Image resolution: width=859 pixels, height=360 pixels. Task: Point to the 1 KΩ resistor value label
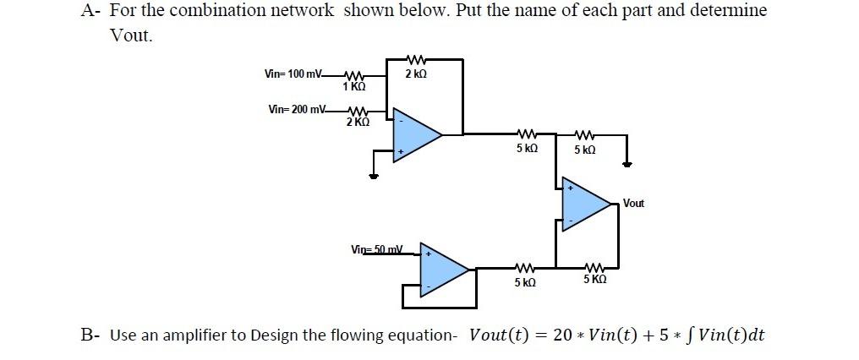[354, 86]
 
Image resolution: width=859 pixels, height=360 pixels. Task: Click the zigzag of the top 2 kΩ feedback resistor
[415, 60]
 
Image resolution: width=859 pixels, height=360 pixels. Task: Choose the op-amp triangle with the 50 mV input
[444, 268]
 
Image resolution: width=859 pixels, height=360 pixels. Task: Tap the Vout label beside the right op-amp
[633, 204]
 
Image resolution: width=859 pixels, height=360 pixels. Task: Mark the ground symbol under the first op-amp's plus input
[374, 177]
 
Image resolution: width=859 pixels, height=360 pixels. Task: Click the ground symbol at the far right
[626, 166]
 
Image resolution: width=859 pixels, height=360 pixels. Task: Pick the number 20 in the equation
[562, 335]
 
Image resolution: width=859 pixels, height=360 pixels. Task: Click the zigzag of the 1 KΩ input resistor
[354, 75]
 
